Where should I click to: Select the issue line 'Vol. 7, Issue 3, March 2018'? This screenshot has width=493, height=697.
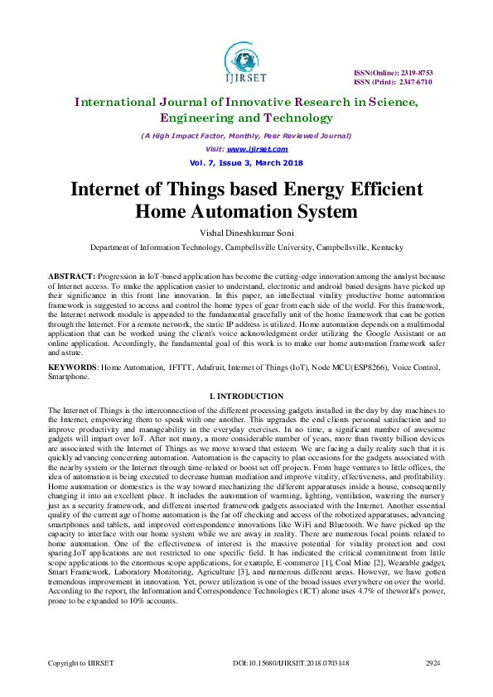click(245, 162)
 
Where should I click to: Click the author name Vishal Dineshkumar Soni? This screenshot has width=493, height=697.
click(246, 233)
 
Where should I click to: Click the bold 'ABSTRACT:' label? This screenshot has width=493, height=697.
click(72, 274)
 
